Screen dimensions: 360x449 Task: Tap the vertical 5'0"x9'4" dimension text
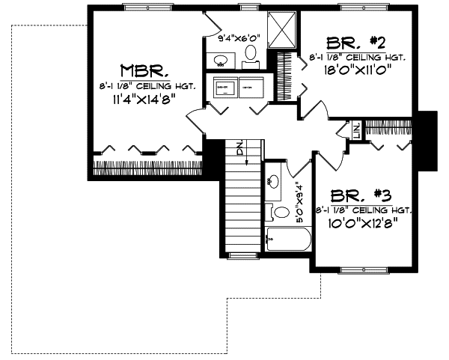click(x=299, y=203)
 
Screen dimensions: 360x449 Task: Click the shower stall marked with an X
click(x=281, y=30)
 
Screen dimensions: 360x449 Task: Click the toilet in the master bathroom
click(x=251, y=53)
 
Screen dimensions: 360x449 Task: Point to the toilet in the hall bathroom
click(x=280, y=213)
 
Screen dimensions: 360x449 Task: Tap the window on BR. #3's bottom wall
click(x=362, y=269)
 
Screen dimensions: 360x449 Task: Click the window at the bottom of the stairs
click(x=242, y=257)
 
